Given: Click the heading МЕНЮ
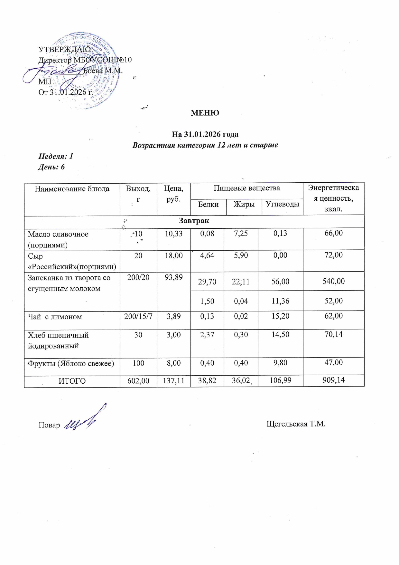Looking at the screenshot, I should (x=205, y=113).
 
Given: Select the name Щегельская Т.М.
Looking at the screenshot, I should (x=296, y=424).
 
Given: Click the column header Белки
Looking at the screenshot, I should (x=208, y=204).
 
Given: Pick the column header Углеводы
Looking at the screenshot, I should (x=283, y=204).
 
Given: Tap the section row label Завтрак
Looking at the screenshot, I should (x=194, y=221).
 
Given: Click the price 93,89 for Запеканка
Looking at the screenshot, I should (x=173, y=277).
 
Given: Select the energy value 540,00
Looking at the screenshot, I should (x=334, y=281).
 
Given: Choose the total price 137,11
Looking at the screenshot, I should (x=174, y=381).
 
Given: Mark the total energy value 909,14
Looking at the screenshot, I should (x=334, y=380).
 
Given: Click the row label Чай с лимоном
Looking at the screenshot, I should (x=55, y=317).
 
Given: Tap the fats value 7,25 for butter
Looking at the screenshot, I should (x=241, y=234).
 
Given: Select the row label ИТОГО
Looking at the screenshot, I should (x=72, y=381).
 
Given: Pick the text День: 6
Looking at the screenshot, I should (x=52, y=167).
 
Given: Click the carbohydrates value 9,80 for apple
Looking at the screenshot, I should (x=280, y=363).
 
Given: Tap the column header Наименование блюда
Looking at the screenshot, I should (x=72, y=189).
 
